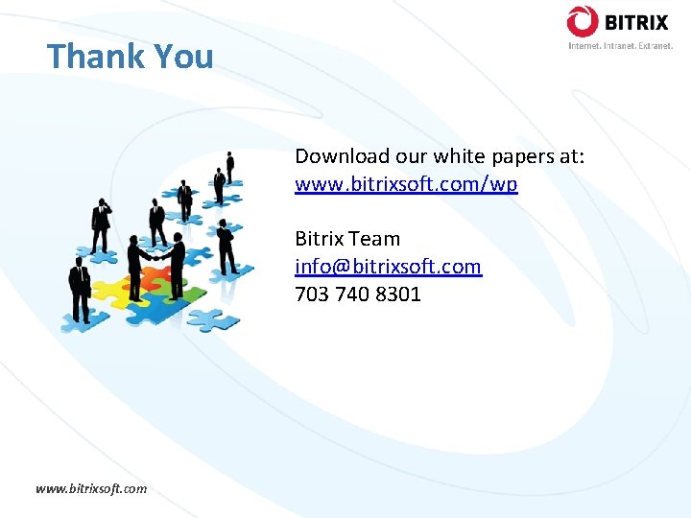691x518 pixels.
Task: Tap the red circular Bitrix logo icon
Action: [582, 21]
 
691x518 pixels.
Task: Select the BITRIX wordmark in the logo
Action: [634, 21]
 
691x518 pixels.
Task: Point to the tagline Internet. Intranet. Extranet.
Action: [620, 45]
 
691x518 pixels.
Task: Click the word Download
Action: [342, 156]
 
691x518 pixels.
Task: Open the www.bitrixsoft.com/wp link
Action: [406, 184]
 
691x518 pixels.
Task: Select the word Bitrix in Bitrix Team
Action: [320, 239]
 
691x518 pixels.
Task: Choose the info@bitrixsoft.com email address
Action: [388, 267]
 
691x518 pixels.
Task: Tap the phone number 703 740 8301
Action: [357, 294]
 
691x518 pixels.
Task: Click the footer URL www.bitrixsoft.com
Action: [91, 488]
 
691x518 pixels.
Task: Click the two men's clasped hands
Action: [158, 256]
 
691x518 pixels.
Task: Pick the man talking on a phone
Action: [100, 224]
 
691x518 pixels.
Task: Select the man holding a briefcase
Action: [80, 288]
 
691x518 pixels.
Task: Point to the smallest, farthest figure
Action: [230, 165]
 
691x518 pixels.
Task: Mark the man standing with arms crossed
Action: [226, 245]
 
